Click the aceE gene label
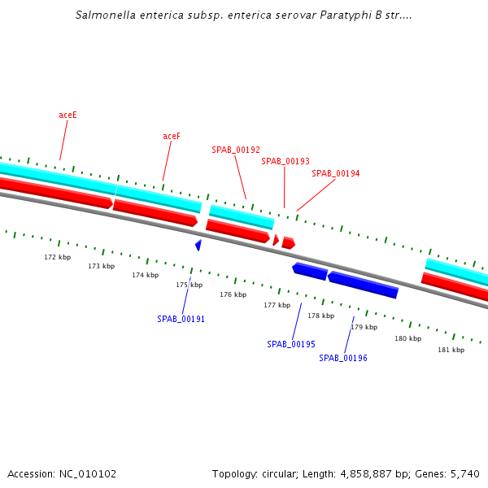click(68, 115)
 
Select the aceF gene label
click(172, 136)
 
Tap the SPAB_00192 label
click(236, 150)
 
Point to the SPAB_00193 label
click(285, 161)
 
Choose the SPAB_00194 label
click(336, 173)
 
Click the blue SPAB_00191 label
click(181, 319)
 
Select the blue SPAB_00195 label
click(291, 344)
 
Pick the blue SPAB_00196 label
click(343, 358)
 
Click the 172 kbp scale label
click(57, 257)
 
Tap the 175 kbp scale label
click(190, 285)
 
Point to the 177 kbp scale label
click(277, 305)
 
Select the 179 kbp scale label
click(364, 327)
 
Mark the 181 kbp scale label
click(451, 350)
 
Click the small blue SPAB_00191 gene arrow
click(198, 244)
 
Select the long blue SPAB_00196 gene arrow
click(364, 285)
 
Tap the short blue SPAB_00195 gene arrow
click(310, 271)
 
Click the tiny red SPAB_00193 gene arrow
click(276, 240)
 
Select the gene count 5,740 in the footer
click(464, 473)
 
